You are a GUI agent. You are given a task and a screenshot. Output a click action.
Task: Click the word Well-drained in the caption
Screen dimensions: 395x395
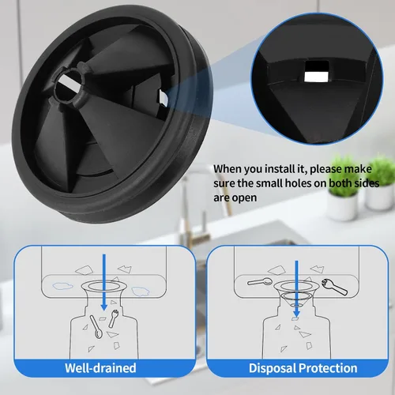pos(100,368)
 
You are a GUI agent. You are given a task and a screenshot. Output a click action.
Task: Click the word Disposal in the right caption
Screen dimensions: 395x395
pos(273,368)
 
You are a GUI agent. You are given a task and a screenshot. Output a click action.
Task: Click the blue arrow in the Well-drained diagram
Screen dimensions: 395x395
pos(104,282)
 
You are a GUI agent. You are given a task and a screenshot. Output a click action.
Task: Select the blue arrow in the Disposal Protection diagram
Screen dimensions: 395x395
pos(297,289)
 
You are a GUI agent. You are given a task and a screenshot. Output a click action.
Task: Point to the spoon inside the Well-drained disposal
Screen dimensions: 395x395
pos(95,326)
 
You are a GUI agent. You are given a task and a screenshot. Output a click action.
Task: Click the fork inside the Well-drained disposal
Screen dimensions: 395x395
pos(113,318)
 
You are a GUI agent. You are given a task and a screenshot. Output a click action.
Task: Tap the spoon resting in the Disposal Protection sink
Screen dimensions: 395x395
pos(260,282)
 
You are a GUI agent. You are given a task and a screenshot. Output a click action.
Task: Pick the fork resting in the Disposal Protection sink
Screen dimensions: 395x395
pos(334,287)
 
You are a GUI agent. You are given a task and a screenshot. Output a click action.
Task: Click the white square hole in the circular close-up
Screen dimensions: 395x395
pos(316,72)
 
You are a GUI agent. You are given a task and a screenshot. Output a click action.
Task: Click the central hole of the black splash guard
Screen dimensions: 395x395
pos(69,87)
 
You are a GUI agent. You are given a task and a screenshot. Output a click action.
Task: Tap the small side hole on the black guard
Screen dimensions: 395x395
pos(163,99)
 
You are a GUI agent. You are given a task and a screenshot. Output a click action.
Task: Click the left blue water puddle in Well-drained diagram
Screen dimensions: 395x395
pos(63,286)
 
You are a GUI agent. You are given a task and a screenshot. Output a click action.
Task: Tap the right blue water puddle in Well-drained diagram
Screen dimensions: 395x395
pos(141,292)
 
